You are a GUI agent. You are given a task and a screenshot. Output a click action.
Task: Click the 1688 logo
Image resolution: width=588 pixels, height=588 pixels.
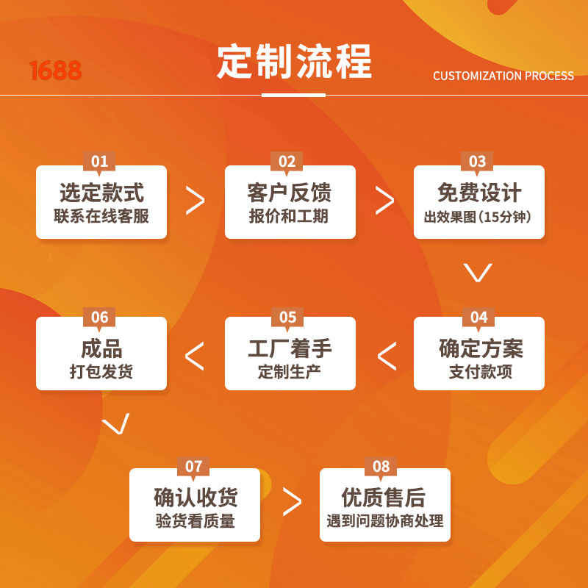(55, 71)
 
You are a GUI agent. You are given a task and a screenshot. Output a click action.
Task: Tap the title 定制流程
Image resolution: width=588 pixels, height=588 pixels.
(294, 62)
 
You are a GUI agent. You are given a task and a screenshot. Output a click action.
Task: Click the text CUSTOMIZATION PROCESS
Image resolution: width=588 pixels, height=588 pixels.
(503, 76)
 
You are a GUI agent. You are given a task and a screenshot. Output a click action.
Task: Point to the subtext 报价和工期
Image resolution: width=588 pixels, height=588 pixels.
(289, 216)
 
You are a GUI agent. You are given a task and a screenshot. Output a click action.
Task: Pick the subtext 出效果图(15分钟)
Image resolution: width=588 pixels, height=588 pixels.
(478, 217)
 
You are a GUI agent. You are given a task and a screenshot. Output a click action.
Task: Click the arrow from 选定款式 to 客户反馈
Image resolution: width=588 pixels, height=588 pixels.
(195, 201)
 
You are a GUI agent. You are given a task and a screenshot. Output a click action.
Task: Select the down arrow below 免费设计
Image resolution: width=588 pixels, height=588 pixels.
(478, 272)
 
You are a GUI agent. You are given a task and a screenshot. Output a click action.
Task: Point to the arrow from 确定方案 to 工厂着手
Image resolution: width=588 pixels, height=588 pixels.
(387, 356)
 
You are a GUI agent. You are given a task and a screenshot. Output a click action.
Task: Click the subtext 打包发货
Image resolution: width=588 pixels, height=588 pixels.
(101, 371)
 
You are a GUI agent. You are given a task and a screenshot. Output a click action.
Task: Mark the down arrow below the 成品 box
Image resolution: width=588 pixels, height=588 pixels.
(115, 424)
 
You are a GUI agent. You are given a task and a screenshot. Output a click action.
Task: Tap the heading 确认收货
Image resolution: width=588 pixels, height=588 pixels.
(196, 498)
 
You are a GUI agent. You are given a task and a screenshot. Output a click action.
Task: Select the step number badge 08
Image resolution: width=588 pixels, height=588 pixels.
(381, 467)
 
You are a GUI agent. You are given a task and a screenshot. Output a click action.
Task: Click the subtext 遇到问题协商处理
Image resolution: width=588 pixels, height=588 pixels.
(385, 521)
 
